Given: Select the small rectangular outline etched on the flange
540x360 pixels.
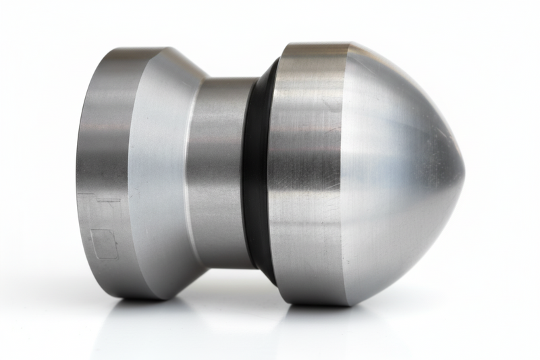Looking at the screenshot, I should click(x=104, y=244).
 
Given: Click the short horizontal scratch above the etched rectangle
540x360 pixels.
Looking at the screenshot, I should click(x=108, y=200).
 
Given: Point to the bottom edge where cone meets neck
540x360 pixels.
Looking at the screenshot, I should click(x=202, y=265).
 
